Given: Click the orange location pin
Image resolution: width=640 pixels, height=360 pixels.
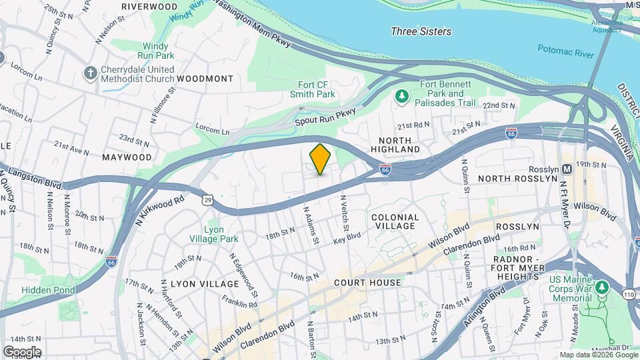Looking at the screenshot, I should point(320,159).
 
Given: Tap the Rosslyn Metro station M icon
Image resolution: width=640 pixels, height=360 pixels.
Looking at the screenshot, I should point(567,169).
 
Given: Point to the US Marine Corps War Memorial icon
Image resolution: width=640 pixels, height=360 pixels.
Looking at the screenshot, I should point(603,287).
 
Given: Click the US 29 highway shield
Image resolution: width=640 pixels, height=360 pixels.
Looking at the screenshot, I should point(208,199).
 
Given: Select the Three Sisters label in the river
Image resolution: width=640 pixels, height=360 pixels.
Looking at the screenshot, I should point(421,31).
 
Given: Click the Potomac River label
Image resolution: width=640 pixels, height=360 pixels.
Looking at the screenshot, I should point(565,48).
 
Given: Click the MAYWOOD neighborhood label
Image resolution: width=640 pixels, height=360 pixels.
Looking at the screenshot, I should point(127,157).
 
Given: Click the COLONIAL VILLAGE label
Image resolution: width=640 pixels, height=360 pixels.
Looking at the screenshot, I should point(395,222).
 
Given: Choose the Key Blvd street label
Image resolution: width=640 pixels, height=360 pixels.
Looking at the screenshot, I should point(347,237).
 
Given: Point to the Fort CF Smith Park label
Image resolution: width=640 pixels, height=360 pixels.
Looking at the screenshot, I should point(316,89).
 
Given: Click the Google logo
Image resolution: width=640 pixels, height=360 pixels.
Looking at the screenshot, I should point(22,352).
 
